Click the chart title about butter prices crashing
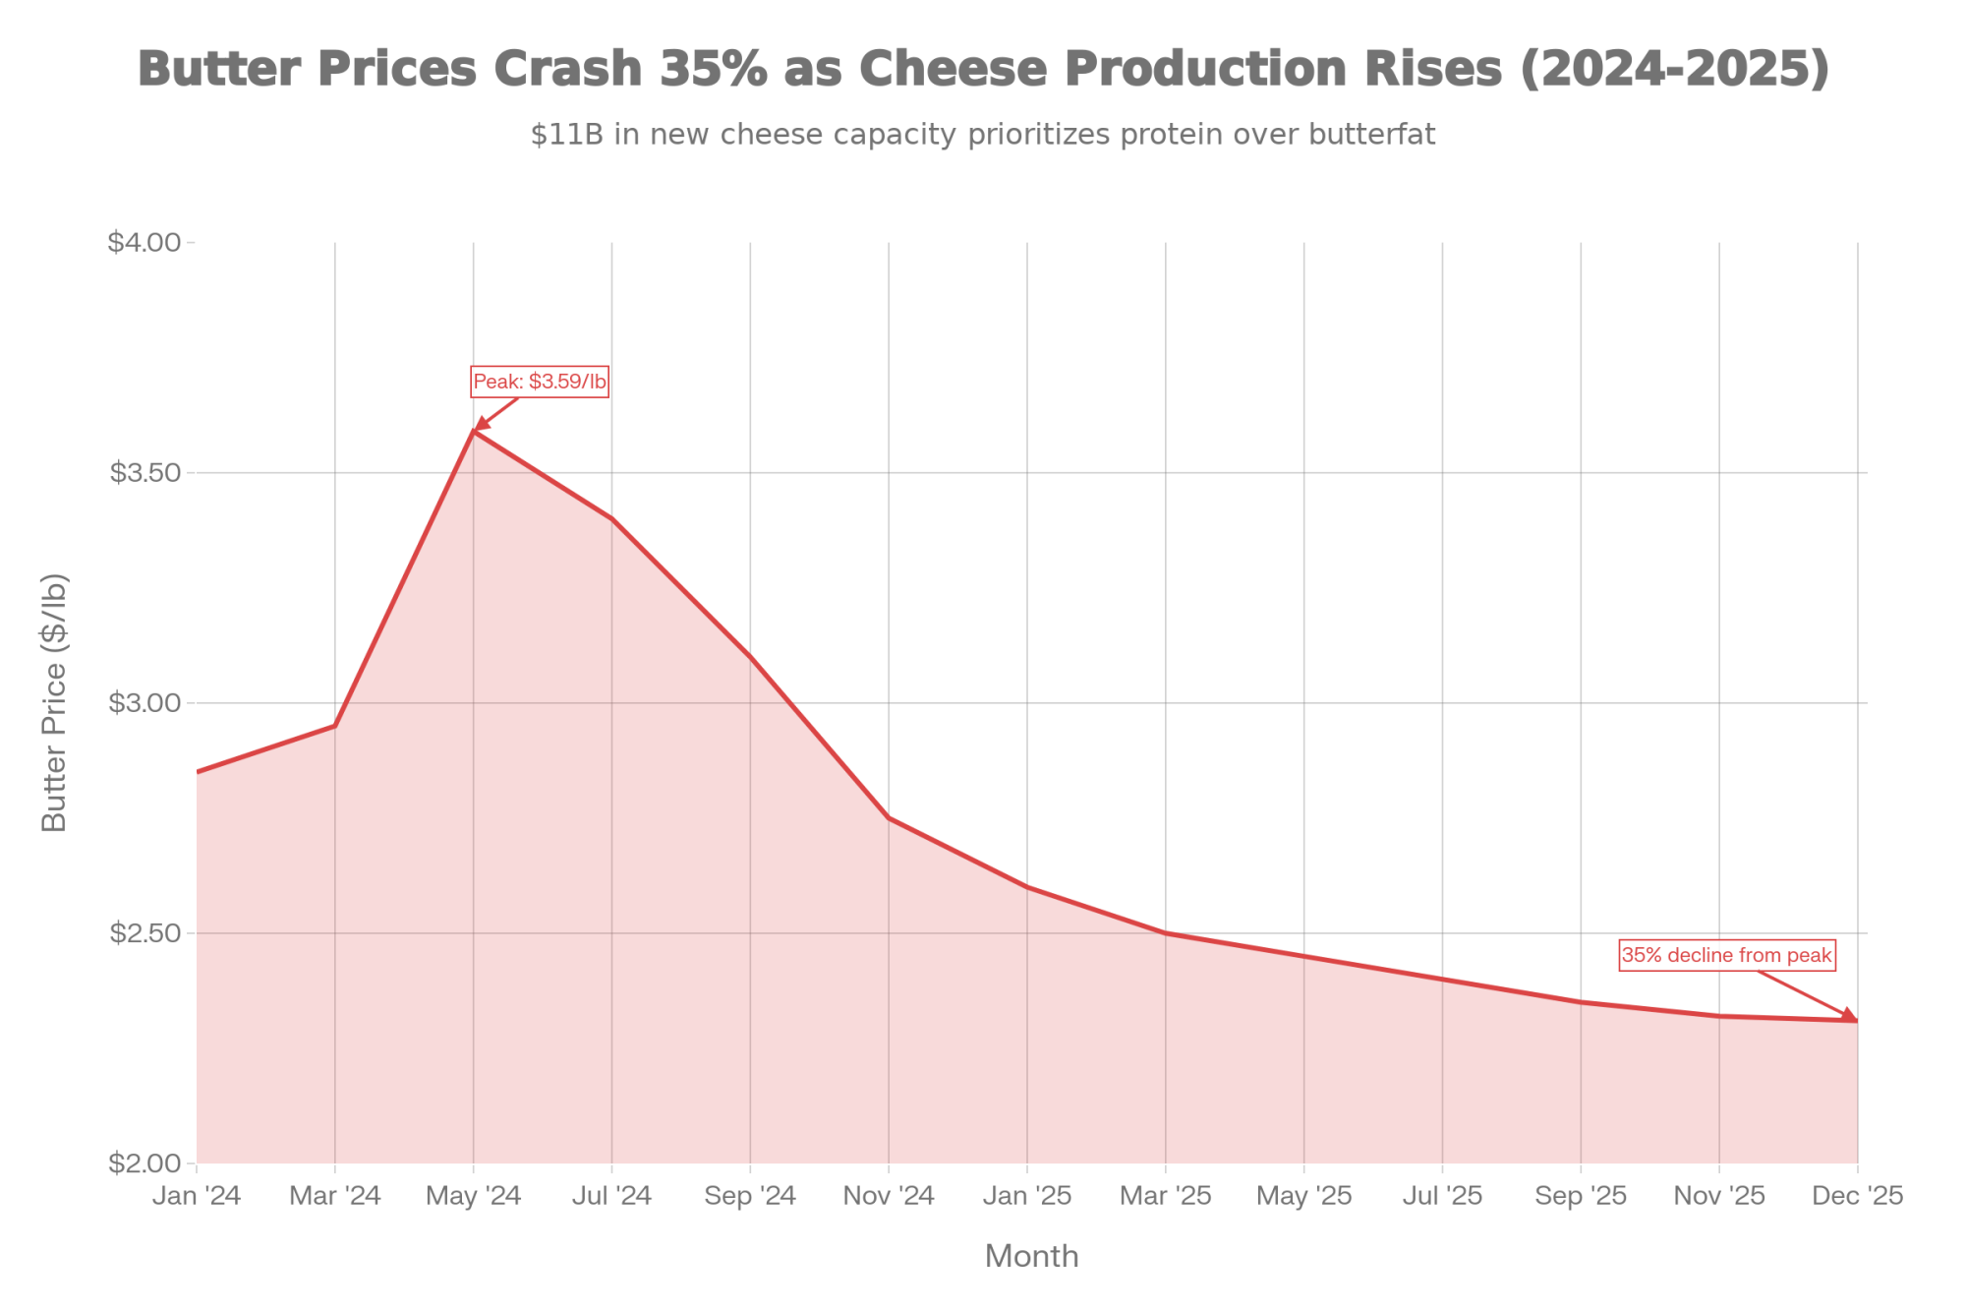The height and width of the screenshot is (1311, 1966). (983, 69)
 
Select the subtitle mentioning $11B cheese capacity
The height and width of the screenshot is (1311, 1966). (983, 134)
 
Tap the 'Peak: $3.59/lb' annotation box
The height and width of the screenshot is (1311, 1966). (540, 382)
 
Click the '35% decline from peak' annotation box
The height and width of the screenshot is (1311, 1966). (1726, 955)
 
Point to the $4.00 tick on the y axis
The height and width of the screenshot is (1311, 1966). (145, 242)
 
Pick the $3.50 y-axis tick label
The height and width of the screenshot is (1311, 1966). (145, 473)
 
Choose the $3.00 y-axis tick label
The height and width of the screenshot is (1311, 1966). (145, 703)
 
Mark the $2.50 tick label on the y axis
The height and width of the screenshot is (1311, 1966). (145, 933)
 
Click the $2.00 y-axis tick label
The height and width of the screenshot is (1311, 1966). (145, 1163)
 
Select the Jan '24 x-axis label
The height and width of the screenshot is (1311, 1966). (197, 1196)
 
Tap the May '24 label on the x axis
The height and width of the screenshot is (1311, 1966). (474, 1196)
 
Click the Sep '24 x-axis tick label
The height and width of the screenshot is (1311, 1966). (750, 1196)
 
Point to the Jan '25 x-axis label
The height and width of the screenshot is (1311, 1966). (1027, 1196)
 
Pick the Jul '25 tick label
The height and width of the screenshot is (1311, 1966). (1442, 1196)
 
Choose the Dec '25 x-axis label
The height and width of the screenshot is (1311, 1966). (1858, 1196)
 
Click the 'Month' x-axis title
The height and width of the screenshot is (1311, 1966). (1031, 1257)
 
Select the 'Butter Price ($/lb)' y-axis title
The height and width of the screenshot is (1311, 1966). (54, 702)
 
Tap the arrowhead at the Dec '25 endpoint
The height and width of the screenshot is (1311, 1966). (1853, 1016)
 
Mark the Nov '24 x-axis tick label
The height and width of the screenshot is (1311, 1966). (889, 1196)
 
